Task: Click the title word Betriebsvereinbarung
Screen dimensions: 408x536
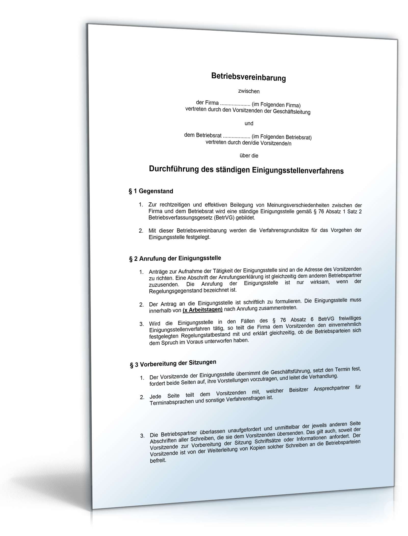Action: pyautogui.click(x=248, y=77)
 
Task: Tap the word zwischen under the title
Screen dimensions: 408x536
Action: pyautogui.click(x=249, y=91)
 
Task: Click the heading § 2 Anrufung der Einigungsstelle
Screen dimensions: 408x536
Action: pyautogui.click(x=175, y=258)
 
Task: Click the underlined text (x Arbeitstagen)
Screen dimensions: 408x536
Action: pyautogui.click(x=202, y=310)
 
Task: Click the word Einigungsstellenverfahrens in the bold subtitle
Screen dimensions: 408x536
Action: pyautogui.click(x=298, y=170)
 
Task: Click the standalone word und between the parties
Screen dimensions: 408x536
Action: pyautogui.click(x=249, y=124)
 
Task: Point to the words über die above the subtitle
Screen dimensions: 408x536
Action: pyautogui.click(x=249, y=155)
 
